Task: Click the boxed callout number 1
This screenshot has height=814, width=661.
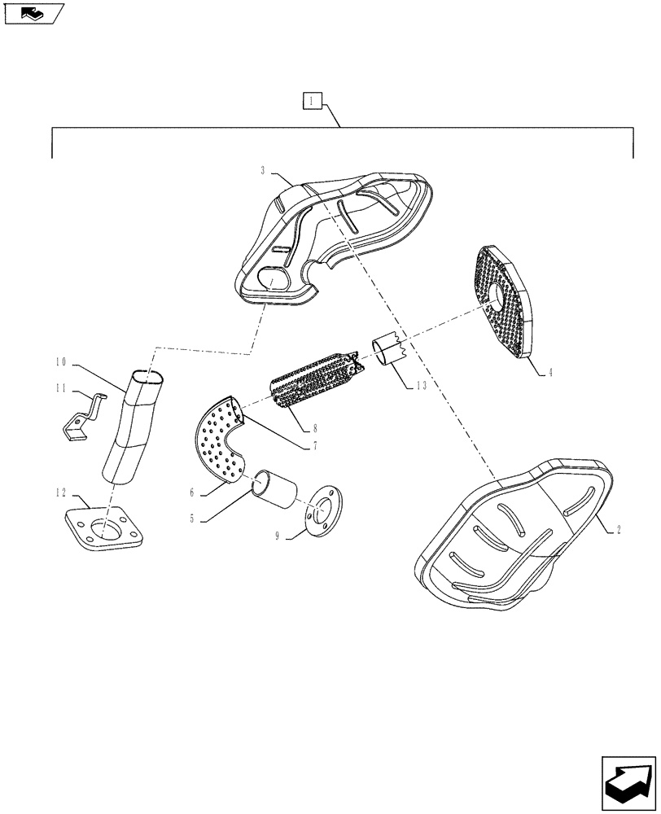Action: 313,102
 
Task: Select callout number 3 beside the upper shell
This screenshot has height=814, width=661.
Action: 263,170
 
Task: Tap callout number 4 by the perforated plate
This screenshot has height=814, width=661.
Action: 550,373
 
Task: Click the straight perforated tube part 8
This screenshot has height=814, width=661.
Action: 313,379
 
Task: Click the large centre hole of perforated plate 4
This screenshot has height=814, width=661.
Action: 496,297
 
